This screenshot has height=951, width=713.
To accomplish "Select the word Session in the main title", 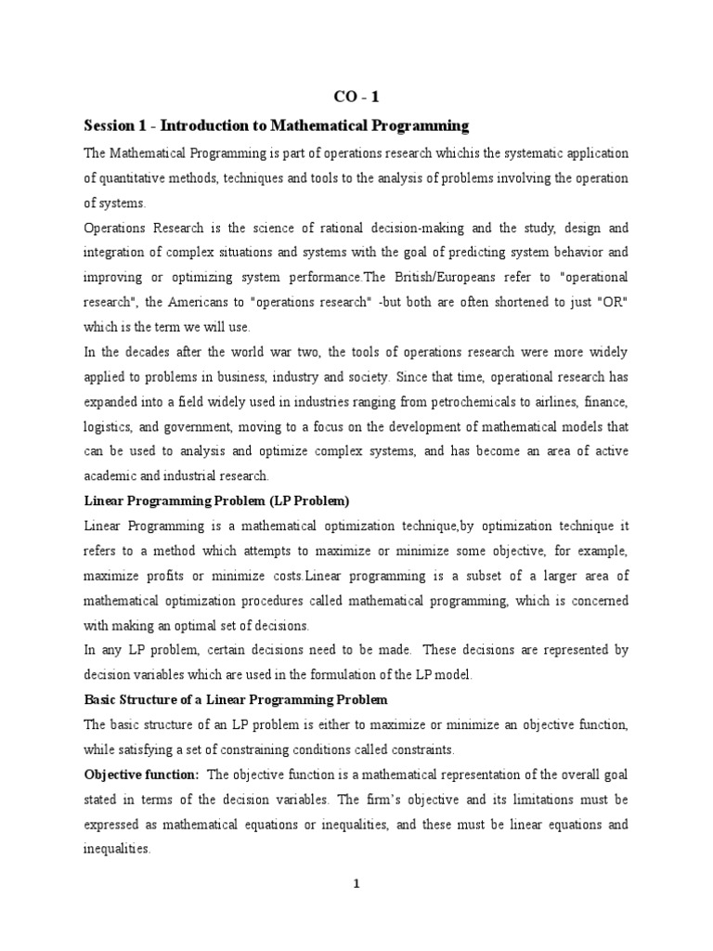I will pyautogui.click(x=110, y=125).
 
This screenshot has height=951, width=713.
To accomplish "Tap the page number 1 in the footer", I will pyautogui.click(x=356, y=883).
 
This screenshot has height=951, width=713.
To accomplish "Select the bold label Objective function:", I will pyautogui.click(x=141, y=775).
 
